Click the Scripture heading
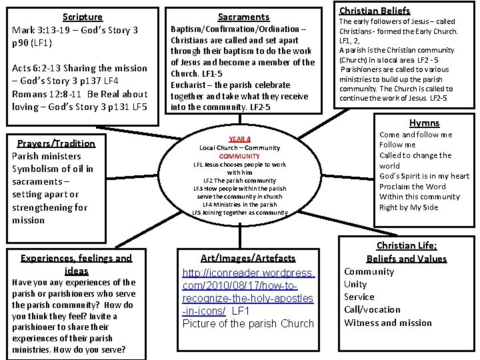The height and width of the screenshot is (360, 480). click(x=83, y=17)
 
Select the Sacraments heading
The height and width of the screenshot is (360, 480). click(x=244, y=17)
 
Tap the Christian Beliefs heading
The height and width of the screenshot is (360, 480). click(x=374, y=11)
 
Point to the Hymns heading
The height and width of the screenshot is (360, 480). click(x=424, y=123)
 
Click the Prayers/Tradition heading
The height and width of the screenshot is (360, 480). click(x=56, y=143)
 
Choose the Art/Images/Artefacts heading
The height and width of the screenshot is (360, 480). click(x=249, y=258)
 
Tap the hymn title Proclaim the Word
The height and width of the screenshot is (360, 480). click(x=412, y=187)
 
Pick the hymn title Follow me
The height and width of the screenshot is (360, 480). click(x=397, y=145)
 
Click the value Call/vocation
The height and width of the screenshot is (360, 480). click(x=373, y=310)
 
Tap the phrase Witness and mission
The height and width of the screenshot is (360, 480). click(x=387, y=323)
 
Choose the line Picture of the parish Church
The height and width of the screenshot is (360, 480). click(x=248, y=323)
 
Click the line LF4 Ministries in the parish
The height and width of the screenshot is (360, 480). click(x=239, y=204)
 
